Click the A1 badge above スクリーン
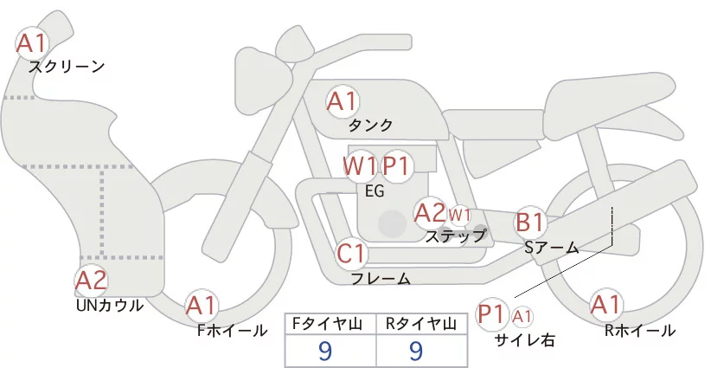click(x=33, y=42)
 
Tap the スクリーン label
click(x=67, y=67)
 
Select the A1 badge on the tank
click(x=342, y=102)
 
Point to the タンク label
click(x=370, y=126)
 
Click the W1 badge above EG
click(x=359, y=165)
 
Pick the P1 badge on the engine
click(x=399, y=165)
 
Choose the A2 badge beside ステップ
click(x=430, y=212)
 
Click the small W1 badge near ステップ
click(x=459, y=214)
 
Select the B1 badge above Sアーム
click(x=529, y=223)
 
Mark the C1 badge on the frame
click(x=352, y=254)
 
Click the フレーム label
click(x=381, y=279)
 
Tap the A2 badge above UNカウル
click(x=91, y=281)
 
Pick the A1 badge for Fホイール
click(x=202, y=305)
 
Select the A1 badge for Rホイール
click(x=605, y=305)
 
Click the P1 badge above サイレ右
click(x=492, y=313)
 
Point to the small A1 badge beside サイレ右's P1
click(x=523, y=317)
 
